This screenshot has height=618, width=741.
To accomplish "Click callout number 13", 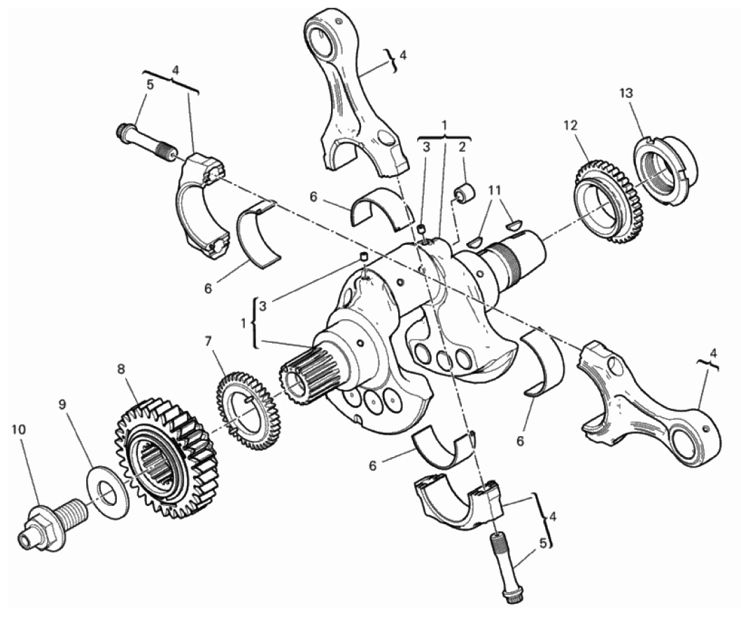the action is click(x=626, y=93).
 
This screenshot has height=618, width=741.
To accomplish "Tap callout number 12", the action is click(x=570, y=125).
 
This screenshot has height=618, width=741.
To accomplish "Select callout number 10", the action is click(x=20, y=429).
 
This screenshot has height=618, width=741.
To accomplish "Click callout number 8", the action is click(x=122, y=369).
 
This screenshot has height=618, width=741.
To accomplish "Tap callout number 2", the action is click(x=463, y=146).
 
